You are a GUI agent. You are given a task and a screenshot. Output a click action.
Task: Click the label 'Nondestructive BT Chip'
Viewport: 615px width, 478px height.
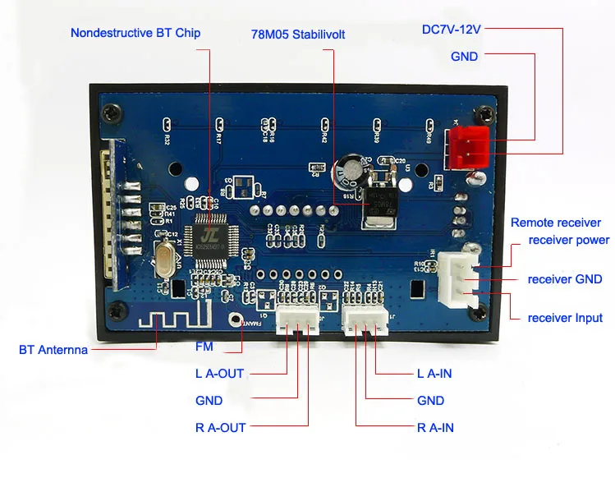135,33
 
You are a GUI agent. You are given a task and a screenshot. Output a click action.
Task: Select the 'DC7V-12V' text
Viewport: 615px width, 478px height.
451,29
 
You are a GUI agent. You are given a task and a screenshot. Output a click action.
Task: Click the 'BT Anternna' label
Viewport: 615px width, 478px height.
53,350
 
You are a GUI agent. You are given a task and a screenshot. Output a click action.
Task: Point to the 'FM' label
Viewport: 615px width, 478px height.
204,347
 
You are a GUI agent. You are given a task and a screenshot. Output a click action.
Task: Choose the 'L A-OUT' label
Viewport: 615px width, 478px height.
219,374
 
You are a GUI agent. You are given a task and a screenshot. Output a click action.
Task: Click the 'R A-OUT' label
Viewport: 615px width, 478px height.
220,427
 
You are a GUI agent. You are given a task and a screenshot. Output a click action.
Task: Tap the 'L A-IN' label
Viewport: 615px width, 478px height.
434,374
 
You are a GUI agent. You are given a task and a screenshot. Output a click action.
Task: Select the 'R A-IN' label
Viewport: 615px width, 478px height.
435,427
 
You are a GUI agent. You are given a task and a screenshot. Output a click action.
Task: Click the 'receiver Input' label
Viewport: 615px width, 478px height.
565,318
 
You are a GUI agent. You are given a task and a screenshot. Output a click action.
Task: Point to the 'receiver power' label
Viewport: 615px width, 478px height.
569,240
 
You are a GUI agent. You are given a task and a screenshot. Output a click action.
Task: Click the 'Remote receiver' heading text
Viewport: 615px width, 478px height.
556,223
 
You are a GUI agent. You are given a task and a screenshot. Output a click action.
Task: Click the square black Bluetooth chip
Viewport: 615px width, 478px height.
211,234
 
